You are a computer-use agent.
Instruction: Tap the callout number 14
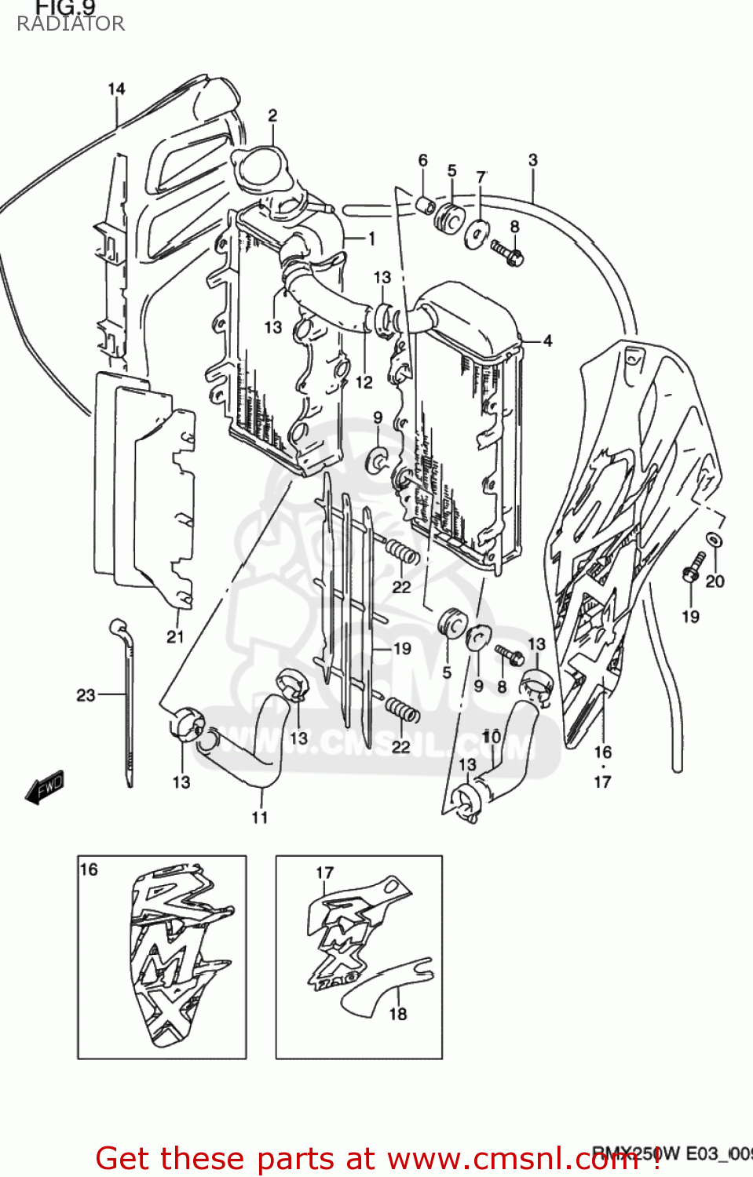pos(116,89)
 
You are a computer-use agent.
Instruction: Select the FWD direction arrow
pos(45,786)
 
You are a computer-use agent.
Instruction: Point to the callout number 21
pos(175,636)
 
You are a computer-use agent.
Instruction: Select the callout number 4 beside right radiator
pos(547,341)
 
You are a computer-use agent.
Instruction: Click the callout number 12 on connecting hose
pos(364,382)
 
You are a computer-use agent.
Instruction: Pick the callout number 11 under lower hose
pos(259,818)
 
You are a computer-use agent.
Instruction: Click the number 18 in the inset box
pos(397,1014)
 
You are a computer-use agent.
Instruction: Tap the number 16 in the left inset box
pos(89,869)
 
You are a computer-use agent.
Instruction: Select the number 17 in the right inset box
pos(324,873)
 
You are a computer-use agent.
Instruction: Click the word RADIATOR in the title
pos(71,24)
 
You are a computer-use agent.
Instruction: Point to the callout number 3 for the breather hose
pos(532,160)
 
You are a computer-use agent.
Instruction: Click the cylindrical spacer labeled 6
pos(425,207)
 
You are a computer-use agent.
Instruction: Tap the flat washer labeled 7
pos(476,233)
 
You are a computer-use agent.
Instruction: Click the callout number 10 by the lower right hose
pos(492,736)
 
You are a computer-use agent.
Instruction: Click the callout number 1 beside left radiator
pos(371,238)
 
